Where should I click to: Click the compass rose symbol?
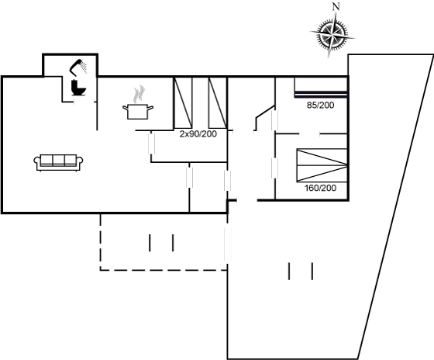point(332,35)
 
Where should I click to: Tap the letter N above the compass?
point(336,7)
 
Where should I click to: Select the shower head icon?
point(78,67)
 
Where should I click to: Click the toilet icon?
point(78,88)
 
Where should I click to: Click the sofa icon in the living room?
point(58,162)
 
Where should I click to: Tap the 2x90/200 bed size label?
point(198,134)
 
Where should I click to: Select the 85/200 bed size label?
point(321,105)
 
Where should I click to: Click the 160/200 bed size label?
point(321,188)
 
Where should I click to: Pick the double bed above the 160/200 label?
point(322,165)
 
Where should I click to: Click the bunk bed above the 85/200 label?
point(321,87)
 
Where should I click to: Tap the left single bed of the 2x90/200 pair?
point(183,103)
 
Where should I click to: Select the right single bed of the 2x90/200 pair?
point(218,103)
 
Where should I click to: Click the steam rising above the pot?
point(139,94)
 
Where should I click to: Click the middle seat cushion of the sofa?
point(58,160)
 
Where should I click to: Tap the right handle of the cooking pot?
point(150,108)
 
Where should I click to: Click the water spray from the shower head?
point(84,67)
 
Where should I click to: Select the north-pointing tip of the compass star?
point(336,13)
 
